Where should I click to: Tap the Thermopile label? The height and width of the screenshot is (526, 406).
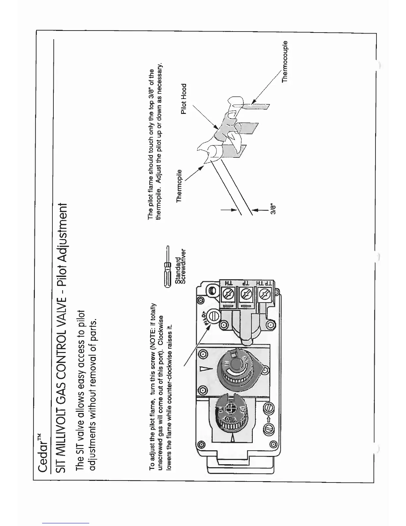[179, 186]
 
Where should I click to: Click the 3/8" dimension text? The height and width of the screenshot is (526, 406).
[273, 210]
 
